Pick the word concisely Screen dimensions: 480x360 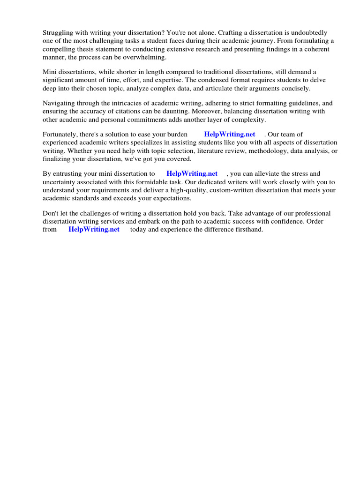tap(295, 88)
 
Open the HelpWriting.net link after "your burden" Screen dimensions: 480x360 tap(230, 135)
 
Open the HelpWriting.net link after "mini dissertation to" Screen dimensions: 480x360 tap(192, 174)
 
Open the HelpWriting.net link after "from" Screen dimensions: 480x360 tap(94, 230)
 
